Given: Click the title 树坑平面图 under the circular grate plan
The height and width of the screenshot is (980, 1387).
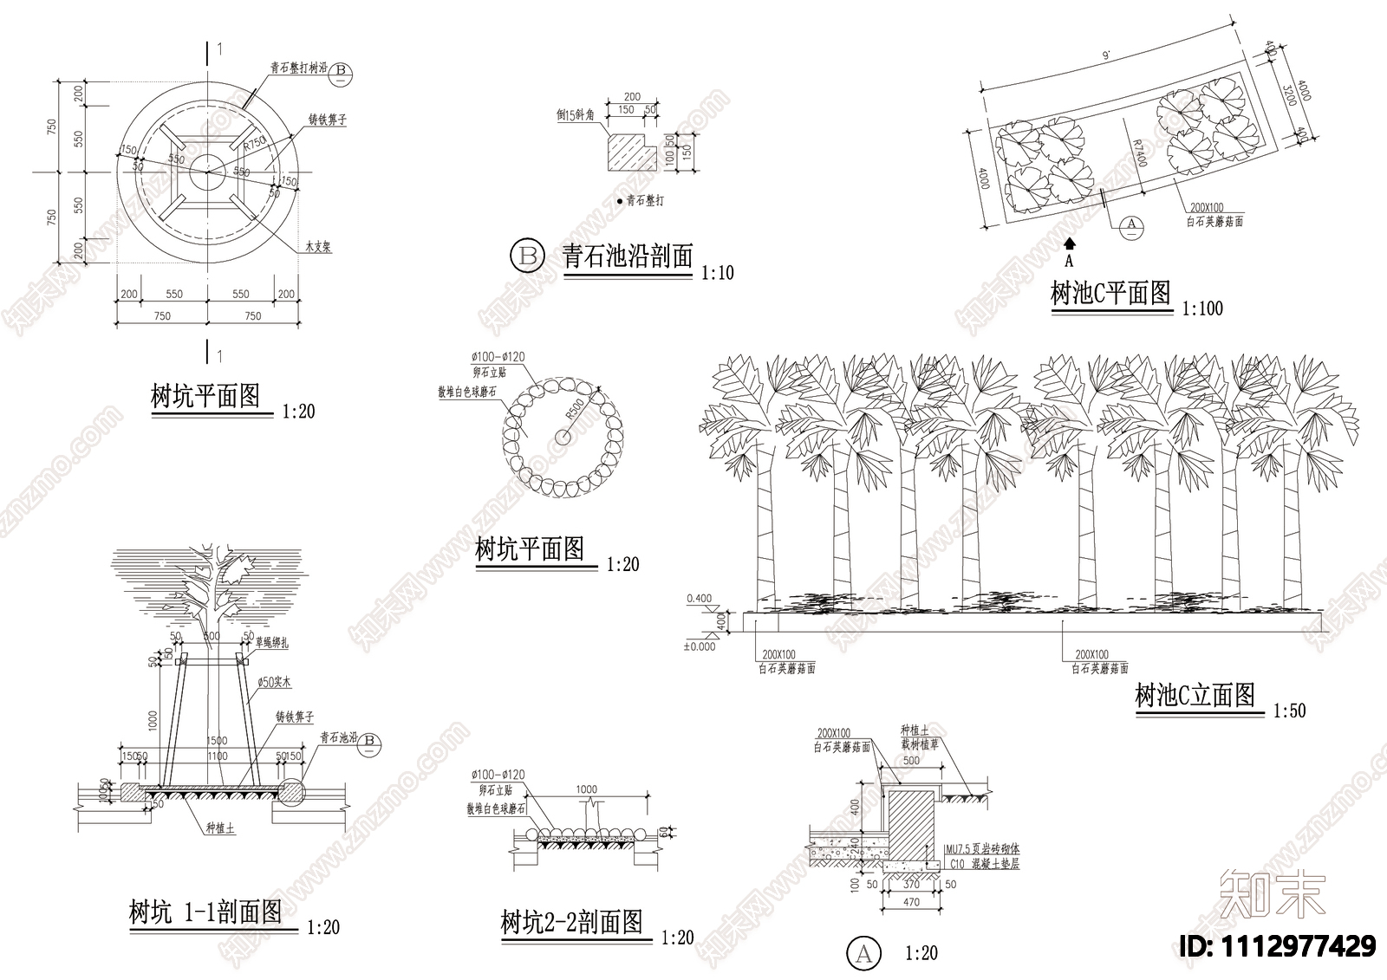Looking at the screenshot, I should pyautogui.click(x=205, y=398).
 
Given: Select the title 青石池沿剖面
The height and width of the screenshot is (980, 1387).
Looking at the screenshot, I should pyautogui.click(x=628, y=256).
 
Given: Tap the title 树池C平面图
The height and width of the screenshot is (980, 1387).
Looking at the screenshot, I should pyautogui.click(x=1110, y=294).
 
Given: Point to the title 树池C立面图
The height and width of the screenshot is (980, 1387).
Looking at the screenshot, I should pyautogui.click(x=1195, y=695).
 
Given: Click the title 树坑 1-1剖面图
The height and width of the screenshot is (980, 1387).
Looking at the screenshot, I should pyautogui.click(x=205, y=912).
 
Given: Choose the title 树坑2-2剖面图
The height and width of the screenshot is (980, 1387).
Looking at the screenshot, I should pyautogui.click(x=572, y=922).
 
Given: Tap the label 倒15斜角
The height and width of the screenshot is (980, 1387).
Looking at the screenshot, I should pyautogui.click(x=576, y=114).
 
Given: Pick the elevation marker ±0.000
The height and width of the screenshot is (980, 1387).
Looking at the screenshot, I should pyautogui.click(x=700, y=646).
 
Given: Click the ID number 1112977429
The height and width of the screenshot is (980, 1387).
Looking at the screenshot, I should pyautogui.click(x=1279, y=945).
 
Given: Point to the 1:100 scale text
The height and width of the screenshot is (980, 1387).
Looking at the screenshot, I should pyautogui.click(x=1202, y=308).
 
